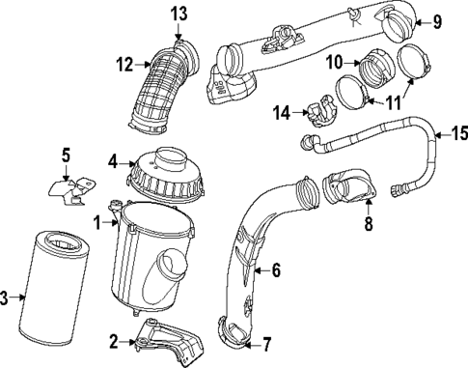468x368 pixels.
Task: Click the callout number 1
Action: pos(98,223)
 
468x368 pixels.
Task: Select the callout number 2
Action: pos(114,340)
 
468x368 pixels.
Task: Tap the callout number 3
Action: pos(6,299)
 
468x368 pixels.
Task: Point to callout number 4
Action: pos(112,162)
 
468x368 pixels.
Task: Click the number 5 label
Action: pos(67,154)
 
